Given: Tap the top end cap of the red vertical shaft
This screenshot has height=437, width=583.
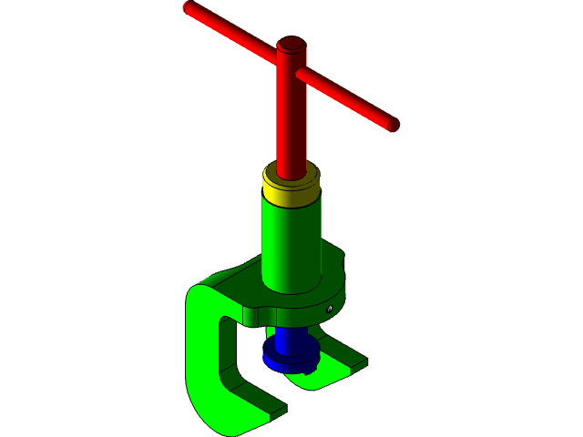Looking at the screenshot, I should pos(291,45).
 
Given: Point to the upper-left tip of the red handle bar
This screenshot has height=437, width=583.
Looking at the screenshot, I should pos(189,8).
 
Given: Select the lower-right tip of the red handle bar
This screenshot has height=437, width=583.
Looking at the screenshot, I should pos(394,126).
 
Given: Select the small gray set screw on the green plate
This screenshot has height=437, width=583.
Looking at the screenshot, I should pos(328,310).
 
